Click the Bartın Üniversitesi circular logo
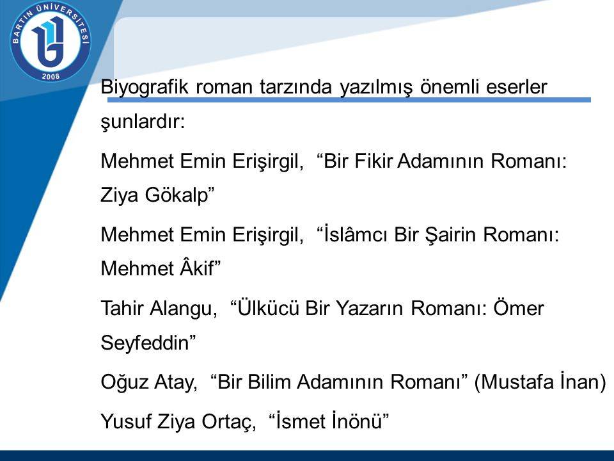51,42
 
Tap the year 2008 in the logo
51,76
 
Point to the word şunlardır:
143,122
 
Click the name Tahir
122,308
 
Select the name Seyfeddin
145,343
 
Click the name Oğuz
124,382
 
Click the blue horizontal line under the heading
349,100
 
